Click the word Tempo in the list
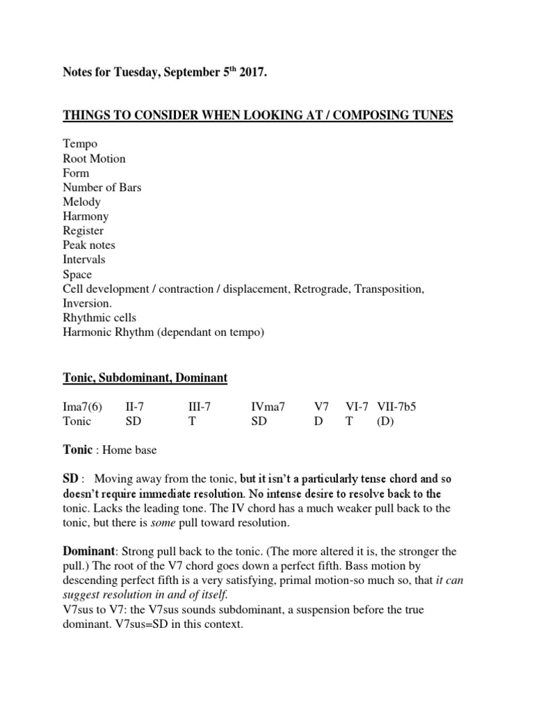80,144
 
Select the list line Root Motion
94,159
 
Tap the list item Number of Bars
102,187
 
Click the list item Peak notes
89,245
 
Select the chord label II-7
136,407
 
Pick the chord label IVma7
268,407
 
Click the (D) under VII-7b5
385,421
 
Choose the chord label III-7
201,407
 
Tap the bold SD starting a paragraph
71,479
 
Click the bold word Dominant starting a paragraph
88,551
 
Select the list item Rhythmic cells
99,318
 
